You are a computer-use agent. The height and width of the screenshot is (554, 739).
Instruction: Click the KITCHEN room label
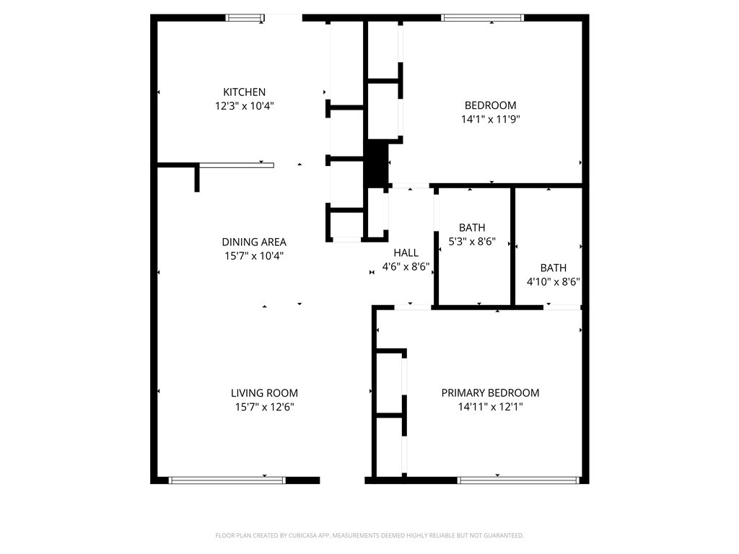pos(244,92)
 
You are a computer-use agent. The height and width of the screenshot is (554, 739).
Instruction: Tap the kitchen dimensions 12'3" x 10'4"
pos(244,105)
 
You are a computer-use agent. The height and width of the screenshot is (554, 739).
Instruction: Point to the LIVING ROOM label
pos(264,393)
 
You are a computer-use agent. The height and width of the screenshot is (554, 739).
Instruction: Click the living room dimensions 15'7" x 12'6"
pos(264,407)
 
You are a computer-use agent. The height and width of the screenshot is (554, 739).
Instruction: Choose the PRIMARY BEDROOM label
pos(490,393)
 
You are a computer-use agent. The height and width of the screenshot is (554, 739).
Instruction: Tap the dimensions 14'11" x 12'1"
pos(490,407)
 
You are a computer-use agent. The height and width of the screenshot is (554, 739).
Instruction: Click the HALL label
pos(406,252)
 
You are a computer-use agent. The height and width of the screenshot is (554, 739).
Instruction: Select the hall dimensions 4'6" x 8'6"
pos(406,266)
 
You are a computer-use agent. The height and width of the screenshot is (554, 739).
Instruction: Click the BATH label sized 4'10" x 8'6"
pos(554,267)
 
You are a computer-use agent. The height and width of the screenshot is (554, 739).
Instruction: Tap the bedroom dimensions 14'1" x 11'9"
pos(490,119)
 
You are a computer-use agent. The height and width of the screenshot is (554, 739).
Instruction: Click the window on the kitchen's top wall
pos(245,18)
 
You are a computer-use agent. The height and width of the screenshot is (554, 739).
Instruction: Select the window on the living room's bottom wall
pos(227,480)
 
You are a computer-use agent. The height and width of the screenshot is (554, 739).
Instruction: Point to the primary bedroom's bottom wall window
pos(518,480)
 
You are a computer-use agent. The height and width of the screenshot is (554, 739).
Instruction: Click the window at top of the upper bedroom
pos(482,18)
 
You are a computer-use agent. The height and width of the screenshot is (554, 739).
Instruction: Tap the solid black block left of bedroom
pos(375,164)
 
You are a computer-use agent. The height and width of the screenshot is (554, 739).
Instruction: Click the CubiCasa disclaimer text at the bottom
pos(369,535)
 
